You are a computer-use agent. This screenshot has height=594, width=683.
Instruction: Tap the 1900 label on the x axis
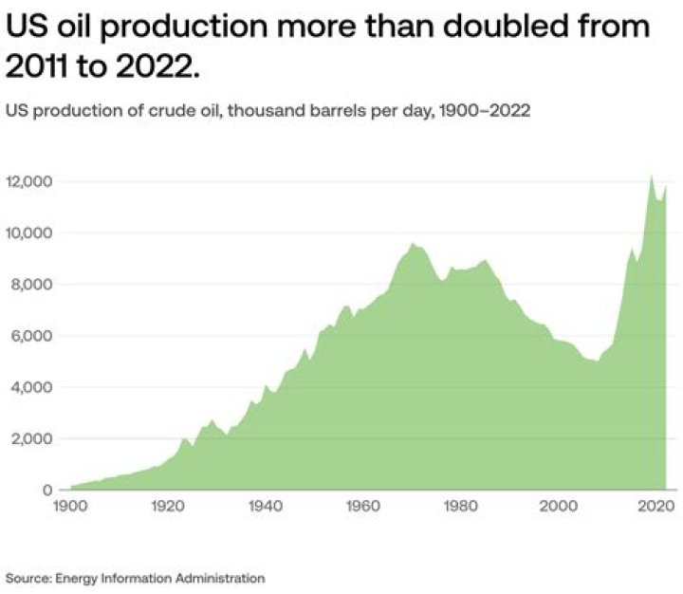pyautogui.click(x=71, y=507)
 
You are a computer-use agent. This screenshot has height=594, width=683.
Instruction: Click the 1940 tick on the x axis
pyautogui.click(x=263, y=507)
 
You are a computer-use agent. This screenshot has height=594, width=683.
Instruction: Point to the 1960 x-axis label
pyautogui.click(x=361, y=507)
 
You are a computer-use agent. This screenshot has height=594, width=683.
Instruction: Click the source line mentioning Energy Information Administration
pyautogui.click(x=135, y=577)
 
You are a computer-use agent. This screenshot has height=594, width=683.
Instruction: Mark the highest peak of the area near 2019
pyautogui.click(x=651, y=176)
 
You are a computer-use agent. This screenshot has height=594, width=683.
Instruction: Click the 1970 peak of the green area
pyautogui.click(x=413, y=244)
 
